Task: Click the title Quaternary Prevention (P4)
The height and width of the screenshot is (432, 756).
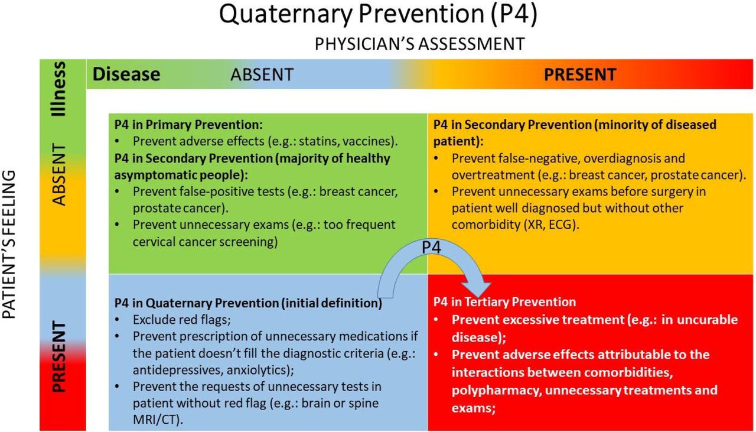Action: click(378, 14)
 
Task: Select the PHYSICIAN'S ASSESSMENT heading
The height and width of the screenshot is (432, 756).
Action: click(419, 44)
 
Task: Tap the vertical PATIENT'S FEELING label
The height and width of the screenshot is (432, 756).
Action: click(9, 244)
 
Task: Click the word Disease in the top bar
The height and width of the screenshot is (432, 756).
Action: click(126, 74)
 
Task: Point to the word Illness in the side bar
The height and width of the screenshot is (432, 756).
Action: click(58, 89)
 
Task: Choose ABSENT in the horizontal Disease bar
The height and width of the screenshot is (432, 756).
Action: click(262, 74)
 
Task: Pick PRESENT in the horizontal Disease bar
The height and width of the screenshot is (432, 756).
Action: click(580, 74)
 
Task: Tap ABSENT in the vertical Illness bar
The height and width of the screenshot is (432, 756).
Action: click(59, 174)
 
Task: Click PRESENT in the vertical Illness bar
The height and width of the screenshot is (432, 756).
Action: click(59, 357)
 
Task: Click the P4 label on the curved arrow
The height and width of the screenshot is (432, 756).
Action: click(431, 247)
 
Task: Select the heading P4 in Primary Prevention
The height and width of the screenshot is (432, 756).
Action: click(188, 125)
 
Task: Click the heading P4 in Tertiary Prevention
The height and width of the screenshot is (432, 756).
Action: click(504, 301)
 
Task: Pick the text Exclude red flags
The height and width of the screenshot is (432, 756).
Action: click(181, 320)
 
